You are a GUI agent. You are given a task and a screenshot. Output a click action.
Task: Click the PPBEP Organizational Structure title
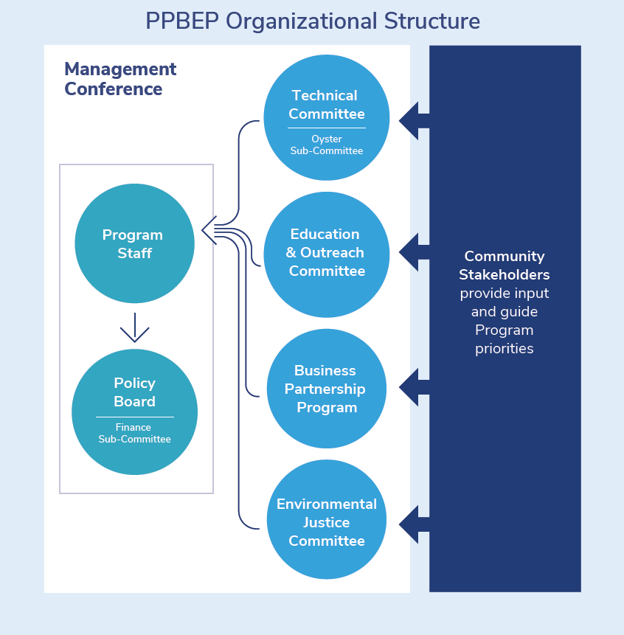[x=312, y=21]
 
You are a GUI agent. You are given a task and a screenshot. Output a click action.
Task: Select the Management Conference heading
[x=120, y=79]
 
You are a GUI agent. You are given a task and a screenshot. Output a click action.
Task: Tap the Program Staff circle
[x=134, y=243]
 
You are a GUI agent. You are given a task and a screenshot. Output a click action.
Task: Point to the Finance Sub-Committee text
[x=134, y=433]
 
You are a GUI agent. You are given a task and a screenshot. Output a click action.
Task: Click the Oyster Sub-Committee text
[x=326, y=145]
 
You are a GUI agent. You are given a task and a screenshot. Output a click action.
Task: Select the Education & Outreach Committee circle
[x=326, y=252]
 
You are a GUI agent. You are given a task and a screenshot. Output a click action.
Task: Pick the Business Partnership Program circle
[x=326, y=389]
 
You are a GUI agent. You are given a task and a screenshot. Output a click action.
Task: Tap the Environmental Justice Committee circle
[x=326, y=522]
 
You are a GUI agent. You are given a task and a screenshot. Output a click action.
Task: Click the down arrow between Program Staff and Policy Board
[x=134, y=327]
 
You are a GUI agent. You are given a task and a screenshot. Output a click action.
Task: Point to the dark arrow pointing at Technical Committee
[x=414, y=120]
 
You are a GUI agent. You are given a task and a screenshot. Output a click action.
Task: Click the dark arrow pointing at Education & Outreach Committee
[x=414, y=252]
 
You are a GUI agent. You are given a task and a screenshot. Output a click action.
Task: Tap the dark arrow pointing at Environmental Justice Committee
[x=414, y=524]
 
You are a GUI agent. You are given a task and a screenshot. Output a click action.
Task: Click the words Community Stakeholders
[x=505, y=266]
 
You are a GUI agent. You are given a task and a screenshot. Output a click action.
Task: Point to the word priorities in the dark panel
[x=505, y=348]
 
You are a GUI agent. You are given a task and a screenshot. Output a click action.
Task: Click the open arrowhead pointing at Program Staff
[x=208, y=229]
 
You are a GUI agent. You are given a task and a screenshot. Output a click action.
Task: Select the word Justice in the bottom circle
[x=326, y=522]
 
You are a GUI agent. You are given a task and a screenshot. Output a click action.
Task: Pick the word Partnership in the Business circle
[x=325, y=389]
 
